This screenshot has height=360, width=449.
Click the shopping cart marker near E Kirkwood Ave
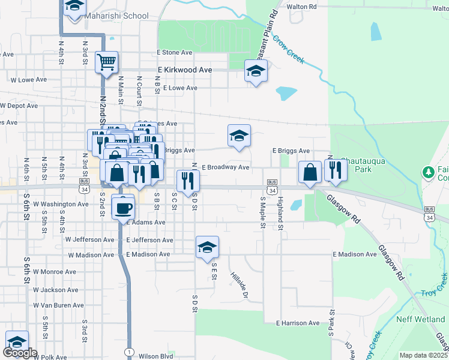click(x=106, y=62)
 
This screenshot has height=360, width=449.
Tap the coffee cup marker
click(x=124, y=208)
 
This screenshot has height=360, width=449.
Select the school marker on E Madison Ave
click(x=207, y=248)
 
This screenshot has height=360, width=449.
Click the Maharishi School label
click(x=117, y=16)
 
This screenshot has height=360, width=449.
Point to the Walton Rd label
click(x=301, y=7)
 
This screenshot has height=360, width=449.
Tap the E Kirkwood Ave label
click(x=185, y=70)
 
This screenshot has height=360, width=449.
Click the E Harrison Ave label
click(x=300, y=323)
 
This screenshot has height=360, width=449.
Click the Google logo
click(x=20, y=353)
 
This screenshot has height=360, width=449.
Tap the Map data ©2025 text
click(x=423, y=355)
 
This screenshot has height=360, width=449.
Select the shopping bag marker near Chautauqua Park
click(x=310, y=173)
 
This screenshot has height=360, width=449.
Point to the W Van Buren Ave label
click(x=56, y=305)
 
